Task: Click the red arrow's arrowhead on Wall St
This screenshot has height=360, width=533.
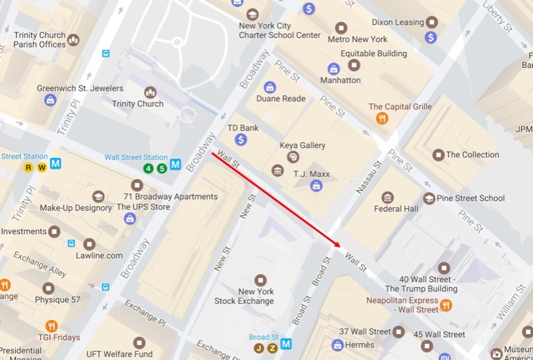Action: tap(337, 245)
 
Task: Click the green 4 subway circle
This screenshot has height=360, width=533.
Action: tap(148, 168)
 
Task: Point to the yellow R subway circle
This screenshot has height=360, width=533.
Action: tap(29, 167)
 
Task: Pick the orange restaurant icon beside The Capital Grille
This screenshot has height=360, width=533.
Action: tap(382, 118)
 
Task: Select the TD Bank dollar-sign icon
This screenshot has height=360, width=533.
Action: tap(241, 139)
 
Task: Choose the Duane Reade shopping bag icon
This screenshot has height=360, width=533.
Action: tap(270, 87)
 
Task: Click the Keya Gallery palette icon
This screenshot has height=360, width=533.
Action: tap(292, 157)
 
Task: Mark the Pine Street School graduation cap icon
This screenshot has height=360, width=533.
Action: tap(429, 198)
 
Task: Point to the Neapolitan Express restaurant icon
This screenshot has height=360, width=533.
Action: tap(446, 305)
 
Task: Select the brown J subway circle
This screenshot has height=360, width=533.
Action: tap(259, 348)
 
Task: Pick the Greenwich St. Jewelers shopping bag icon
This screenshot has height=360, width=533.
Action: tap(50, 100)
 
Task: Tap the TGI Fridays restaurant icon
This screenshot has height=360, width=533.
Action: tap(51, 326)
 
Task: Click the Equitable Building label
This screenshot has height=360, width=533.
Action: tap(373, 53)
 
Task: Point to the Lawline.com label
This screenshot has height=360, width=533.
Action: tap(99, 255)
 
